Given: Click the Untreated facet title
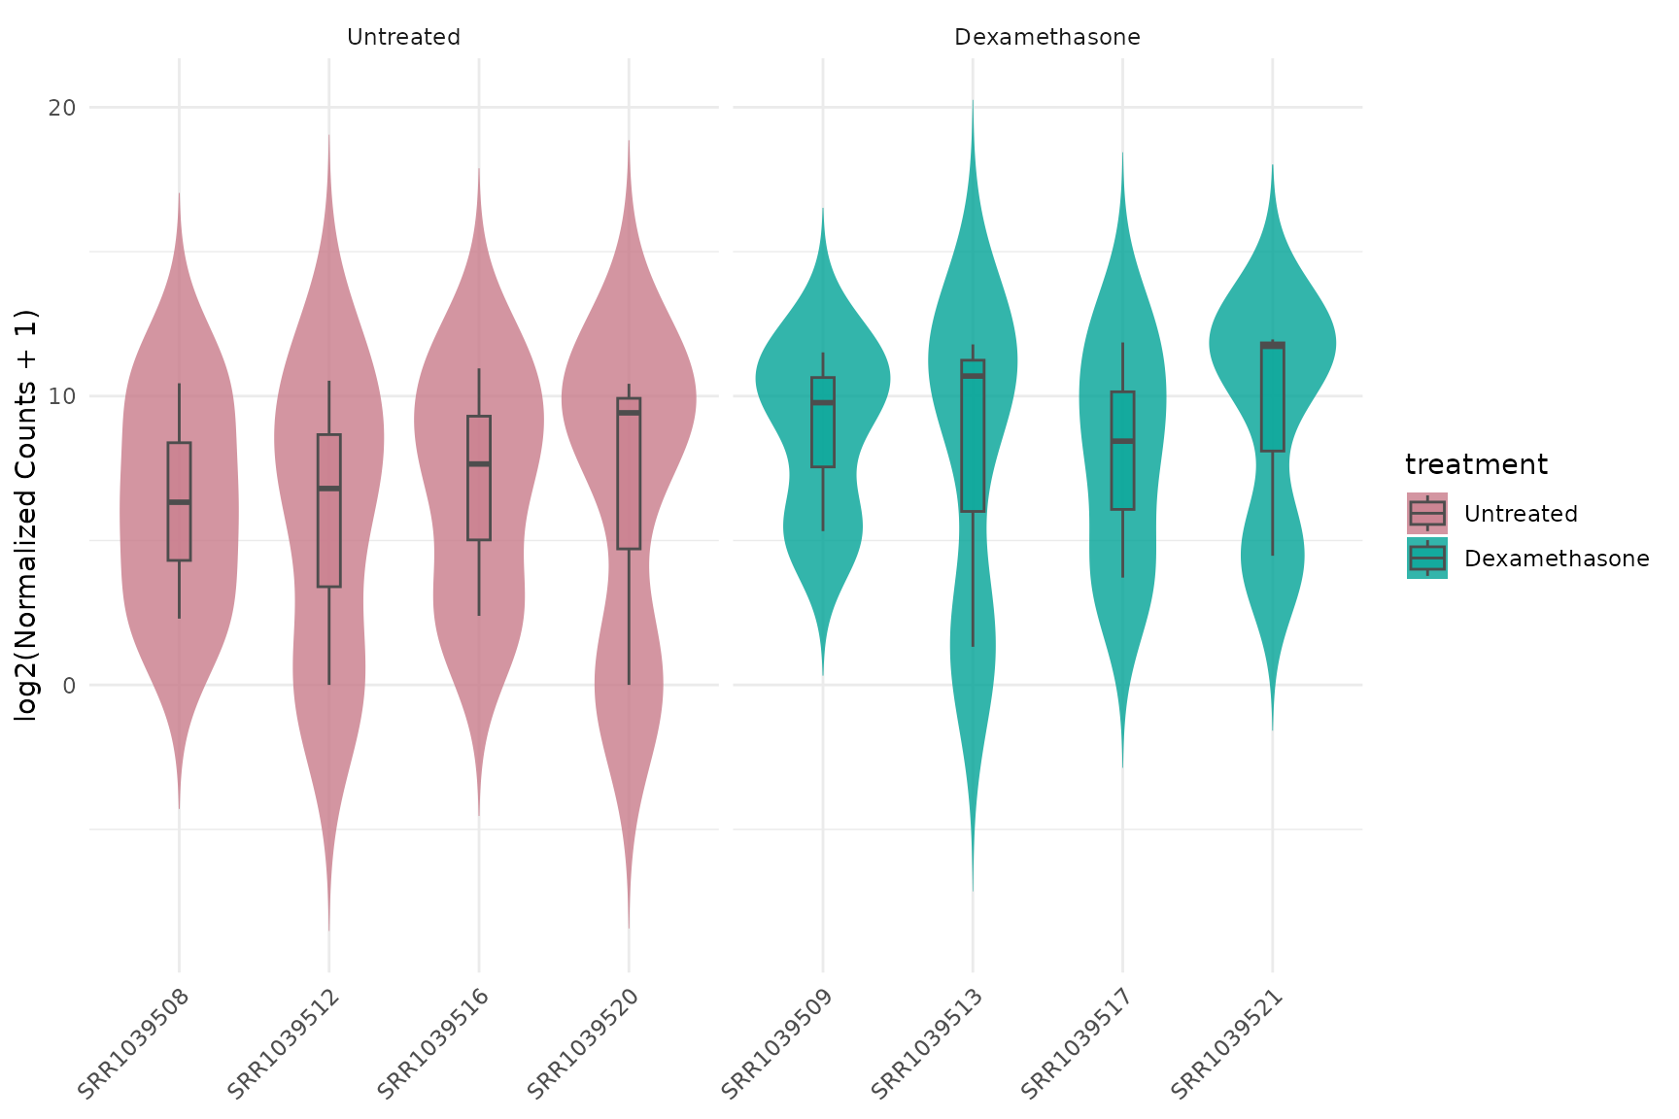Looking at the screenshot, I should pyautogui.click(x=403, y=38).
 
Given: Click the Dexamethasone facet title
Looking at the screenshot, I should pyautogui.click(x=1046, y=38).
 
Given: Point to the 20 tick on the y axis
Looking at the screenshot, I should pyautogui.click(x=62, y=107).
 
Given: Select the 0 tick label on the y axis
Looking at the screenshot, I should pyautogui.click(x=69, y=686).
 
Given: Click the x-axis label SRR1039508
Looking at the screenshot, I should pyautogui.click(x=133, y=1043).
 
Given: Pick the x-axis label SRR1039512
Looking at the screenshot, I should pyautogui.click(x=283, y=1043).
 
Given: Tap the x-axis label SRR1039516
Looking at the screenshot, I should pyautogui.click(x=432, y=1043).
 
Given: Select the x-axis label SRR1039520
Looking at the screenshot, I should pyautogui.click(x=583, y=1043).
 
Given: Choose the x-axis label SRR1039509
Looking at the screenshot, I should pyautogui.click(x=777, y=1043).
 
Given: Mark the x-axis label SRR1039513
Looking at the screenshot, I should pyautogui.click(x=927, y=1043).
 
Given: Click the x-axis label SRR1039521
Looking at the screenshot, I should pyautogui.click(x=1227, y=1043).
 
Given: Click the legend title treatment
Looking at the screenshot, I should pyautogui.click(x=1475, y=465).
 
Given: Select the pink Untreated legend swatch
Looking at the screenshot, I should pyautogui.click(x=1426, y=513).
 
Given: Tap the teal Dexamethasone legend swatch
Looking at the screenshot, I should pyautogui.click(x=1426, y=559).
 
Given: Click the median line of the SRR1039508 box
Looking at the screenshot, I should pyautogui.click(x=179, y=502).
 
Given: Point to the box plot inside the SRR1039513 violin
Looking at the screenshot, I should pyautogui.click(x=973, y=437).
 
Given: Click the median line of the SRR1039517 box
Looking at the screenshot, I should pyautogui.click(x=1122, y=441).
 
